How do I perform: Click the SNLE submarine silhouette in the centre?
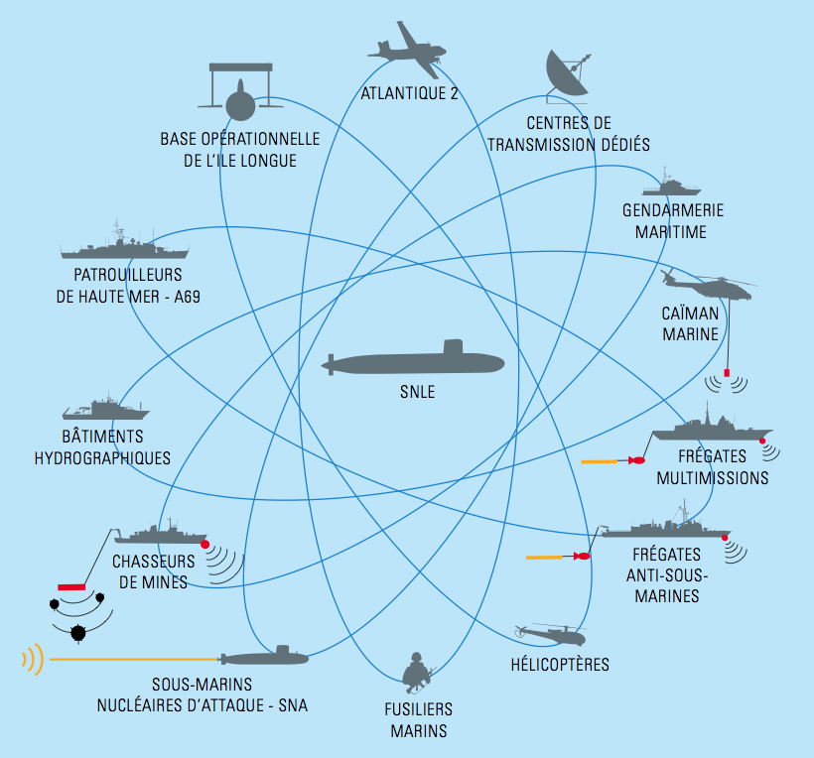click(x=413, y=359)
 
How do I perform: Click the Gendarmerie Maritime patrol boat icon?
click(x=671, y=185)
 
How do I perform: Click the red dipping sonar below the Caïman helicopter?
click(x=727, y=373)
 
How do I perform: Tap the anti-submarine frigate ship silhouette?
click(x=666, y=524)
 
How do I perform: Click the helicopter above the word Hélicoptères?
click(x=550, y=634)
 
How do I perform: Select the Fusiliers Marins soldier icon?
click(x=417, y=673)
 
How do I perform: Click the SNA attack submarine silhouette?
click(x=264, y=657)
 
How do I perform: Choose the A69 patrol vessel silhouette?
click(x=125, y=245)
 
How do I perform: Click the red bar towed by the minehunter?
click(x=71, y=586)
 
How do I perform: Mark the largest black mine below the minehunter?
click(x=77, y=633)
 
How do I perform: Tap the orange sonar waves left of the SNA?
click(x=33, y=660)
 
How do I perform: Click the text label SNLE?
click(x=417, y=392)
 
